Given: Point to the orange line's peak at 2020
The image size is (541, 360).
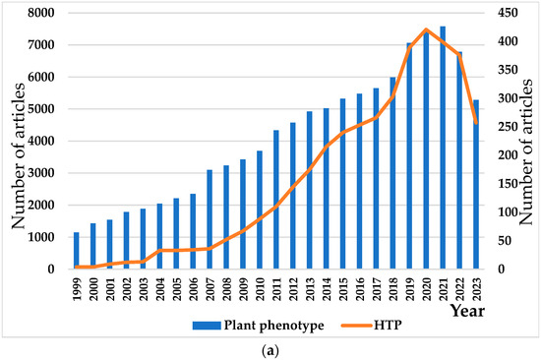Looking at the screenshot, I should pyautogui.click(x=426, y=30).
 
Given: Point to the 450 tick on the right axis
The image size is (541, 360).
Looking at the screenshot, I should pyautogui.click(x=503, y=14).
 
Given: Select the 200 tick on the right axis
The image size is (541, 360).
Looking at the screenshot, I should pyautogui.click(x=503, y=155).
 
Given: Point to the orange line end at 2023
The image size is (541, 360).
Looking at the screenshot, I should pyautogui.click(x=476, y=123).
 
